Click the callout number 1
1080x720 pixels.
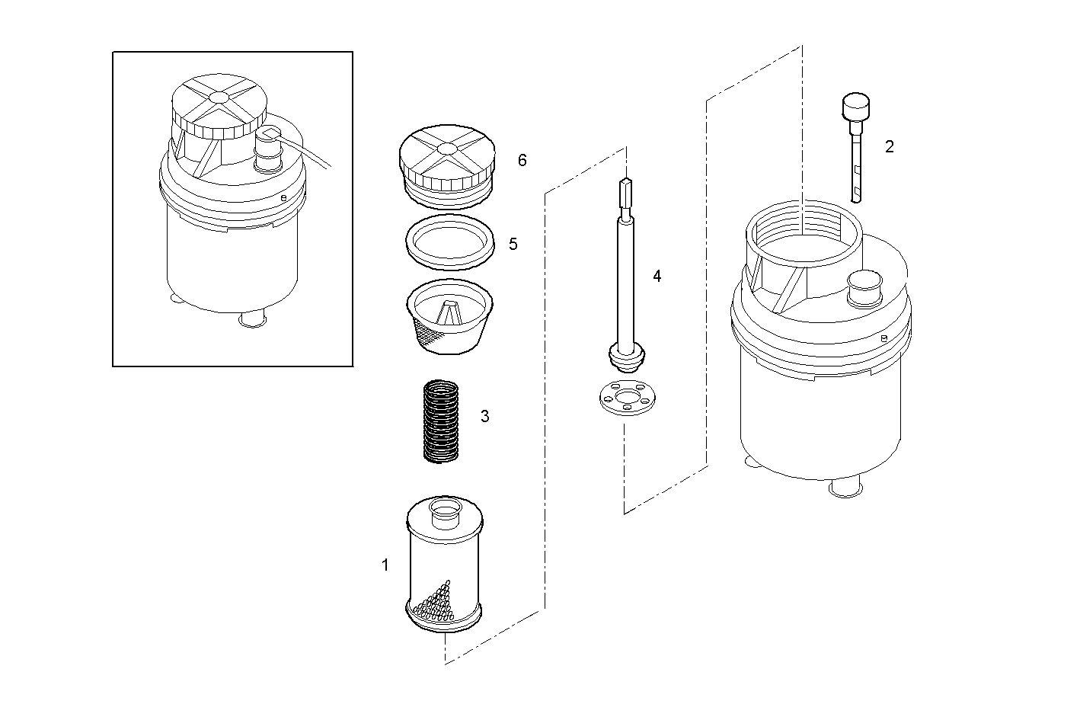pyautogui.click(x=385, y=565)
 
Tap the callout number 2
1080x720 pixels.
pyautogui.click(x=889, y=147)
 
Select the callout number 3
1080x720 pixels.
pyautogui.click(x=484, y=417)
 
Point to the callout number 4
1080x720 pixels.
pyautogui.click(x=657, y=277)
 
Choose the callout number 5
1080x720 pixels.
pyautogui.click(x=513, y=244)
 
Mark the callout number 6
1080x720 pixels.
pyautogui.click(x=522, y=160)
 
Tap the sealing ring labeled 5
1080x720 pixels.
pyautogui.click(x=446, y=242)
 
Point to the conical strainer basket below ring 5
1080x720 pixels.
pyautogui.click(x=446, y=316)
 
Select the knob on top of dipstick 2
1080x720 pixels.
pyautogui.click(x=856, y=104)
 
